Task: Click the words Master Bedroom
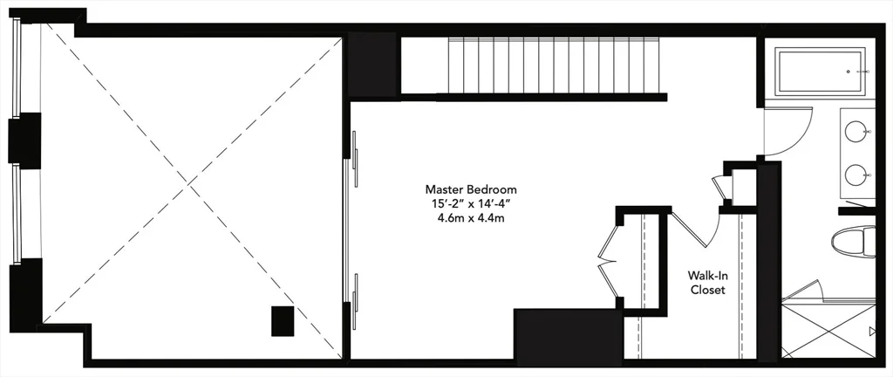coord(471,188)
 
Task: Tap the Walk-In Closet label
coord(707,283)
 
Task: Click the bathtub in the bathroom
coord(820,72)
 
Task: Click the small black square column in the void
coord(283,321)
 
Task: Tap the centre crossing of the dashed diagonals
coord(189,186)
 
